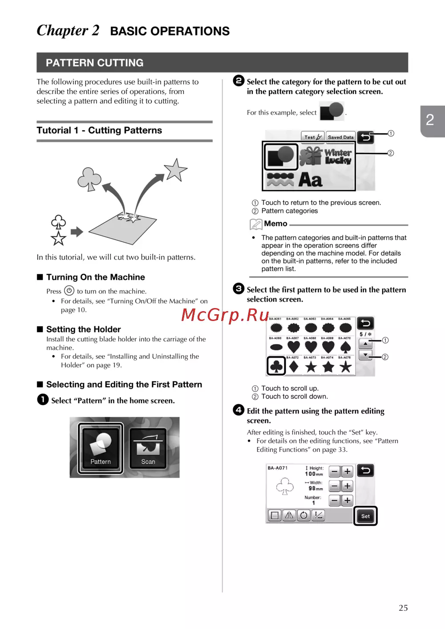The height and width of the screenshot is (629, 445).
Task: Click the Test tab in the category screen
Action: point(313,137)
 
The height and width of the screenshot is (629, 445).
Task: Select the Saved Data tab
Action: point(340,137)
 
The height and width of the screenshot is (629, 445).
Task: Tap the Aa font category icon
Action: point(311,180)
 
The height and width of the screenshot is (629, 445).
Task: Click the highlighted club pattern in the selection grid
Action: point(276,366)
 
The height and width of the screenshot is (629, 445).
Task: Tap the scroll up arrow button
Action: point(365,344)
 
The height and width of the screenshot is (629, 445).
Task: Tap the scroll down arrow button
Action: point(365,355)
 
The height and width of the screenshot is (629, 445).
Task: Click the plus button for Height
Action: point(348,471)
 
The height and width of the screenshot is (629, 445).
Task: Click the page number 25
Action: point(403,608)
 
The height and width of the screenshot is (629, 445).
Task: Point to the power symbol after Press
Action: point(69,291)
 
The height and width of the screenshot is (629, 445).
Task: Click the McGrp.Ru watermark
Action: point(225,315)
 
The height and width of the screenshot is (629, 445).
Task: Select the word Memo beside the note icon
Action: point(275,223)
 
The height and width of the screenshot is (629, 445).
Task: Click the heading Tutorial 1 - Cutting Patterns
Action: point(99,130)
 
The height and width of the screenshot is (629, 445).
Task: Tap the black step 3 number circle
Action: point(239,288)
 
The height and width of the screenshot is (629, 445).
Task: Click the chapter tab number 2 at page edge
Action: point(430,120)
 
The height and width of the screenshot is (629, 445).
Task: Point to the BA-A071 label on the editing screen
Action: point(278,468)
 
